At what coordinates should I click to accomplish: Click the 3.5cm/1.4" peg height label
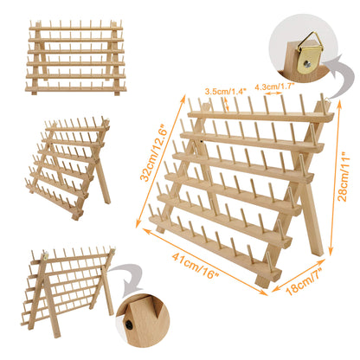pos(226,88)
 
